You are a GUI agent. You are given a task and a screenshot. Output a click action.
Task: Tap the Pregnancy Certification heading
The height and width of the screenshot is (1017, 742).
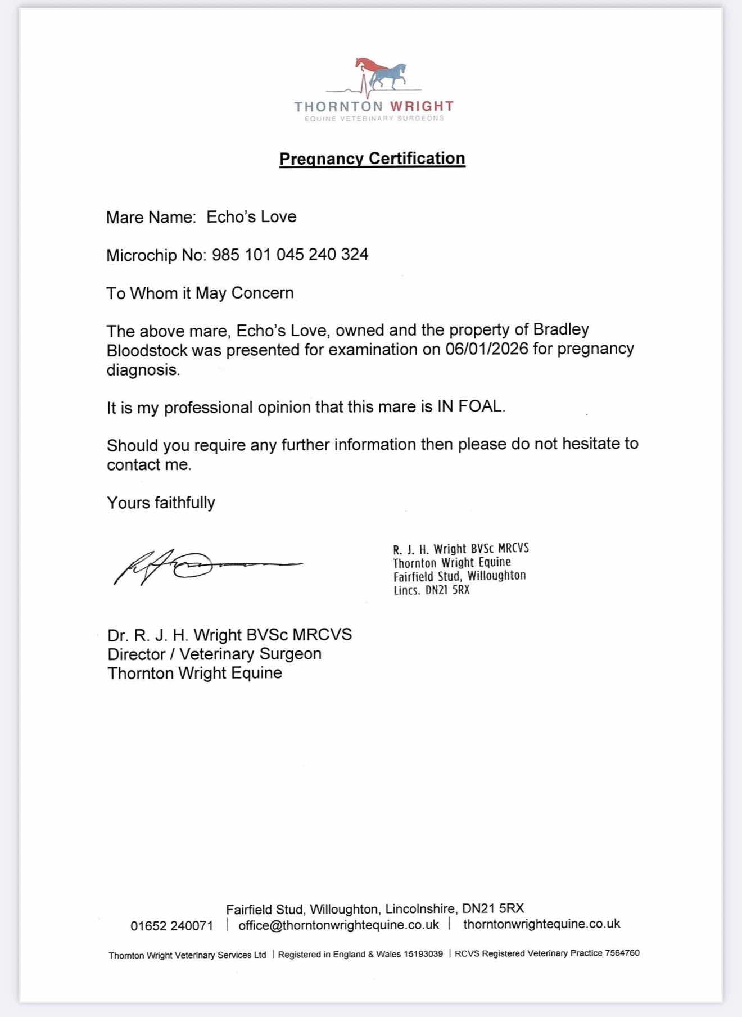pos(372,159)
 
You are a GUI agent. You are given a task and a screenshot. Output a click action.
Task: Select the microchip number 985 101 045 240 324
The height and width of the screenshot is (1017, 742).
pos(290,255)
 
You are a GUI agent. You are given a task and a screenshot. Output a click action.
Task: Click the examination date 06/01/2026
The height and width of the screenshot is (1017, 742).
pos(487,349)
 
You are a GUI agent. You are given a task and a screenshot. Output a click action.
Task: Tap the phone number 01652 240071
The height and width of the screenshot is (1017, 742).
pos(172,925)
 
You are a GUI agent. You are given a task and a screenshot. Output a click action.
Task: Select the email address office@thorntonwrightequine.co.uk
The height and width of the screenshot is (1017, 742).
pos(338,925)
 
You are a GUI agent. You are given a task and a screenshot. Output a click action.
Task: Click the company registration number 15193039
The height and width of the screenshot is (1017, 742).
pos(423,954)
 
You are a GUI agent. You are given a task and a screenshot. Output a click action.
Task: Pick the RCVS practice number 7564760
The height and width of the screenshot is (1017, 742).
pos(622,953)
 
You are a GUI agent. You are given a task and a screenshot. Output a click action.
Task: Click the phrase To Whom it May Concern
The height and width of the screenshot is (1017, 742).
pos(200,293)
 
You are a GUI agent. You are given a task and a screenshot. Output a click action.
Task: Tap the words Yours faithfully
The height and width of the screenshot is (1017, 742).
pos(161,503)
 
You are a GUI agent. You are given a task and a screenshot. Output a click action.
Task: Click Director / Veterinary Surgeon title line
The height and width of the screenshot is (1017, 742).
pos(214,654)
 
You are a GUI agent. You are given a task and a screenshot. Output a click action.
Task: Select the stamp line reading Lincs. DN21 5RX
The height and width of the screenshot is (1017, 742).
pos(431,590)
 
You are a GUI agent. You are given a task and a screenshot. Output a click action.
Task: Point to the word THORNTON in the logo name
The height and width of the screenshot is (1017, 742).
pos(338,106)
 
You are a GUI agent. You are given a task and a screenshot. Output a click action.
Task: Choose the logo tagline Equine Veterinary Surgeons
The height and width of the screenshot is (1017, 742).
pos(374,119)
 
